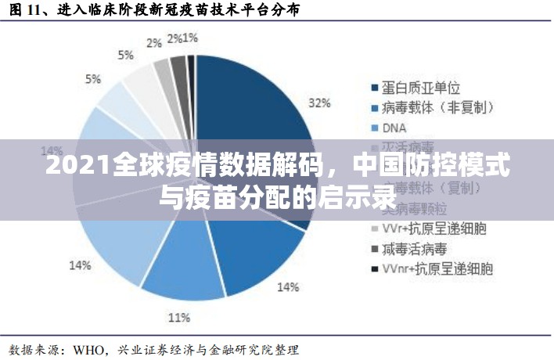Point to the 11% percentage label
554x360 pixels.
(x=179, y=317)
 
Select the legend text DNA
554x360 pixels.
(x=396, y=127)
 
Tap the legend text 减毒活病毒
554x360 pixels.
(x=415, y=249)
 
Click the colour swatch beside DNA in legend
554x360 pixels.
(x=373, y=128)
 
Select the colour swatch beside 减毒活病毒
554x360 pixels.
(x=373, y=250)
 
